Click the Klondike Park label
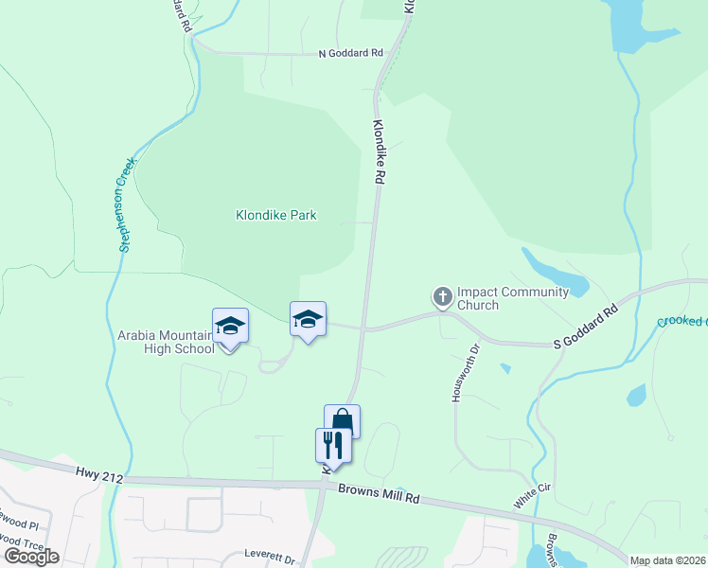coord(275,215)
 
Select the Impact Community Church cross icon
coord(442,297)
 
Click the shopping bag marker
coord(342,420)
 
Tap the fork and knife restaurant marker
coord(333,445)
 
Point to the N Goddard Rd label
coord(350,53)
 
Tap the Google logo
coord(31,557)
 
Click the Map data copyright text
coord(668,560)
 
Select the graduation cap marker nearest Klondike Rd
coord(308,319)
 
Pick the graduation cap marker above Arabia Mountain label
coord(230,327)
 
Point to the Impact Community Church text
coord(512,298)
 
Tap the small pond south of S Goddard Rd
coord(636,394)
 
